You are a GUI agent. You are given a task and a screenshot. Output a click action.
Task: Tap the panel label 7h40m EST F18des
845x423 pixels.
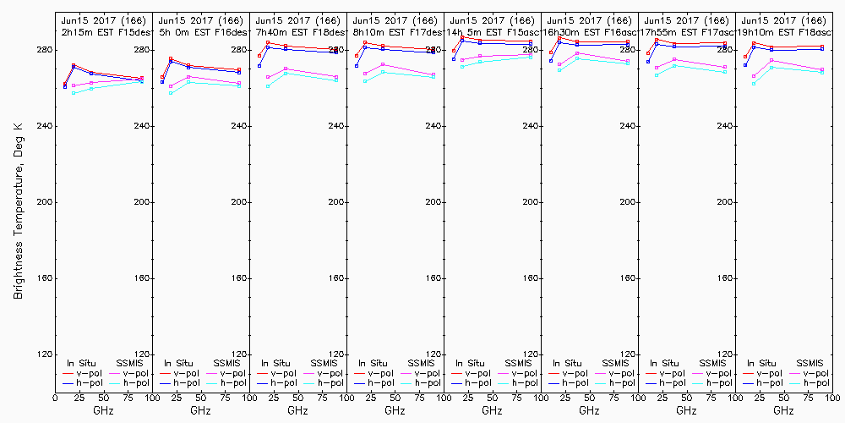pos(298,31)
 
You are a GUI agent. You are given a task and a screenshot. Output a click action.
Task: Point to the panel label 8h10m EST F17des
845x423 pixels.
pos(395,31)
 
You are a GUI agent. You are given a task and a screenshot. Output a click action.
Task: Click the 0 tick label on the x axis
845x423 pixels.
pos(56,396)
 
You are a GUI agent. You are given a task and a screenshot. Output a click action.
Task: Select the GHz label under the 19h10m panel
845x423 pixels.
pos(784,410)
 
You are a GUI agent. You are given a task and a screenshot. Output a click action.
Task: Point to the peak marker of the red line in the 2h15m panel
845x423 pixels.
pos(74,65)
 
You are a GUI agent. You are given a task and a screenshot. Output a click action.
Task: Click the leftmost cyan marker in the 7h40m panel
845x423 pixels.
pos(268,86)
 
